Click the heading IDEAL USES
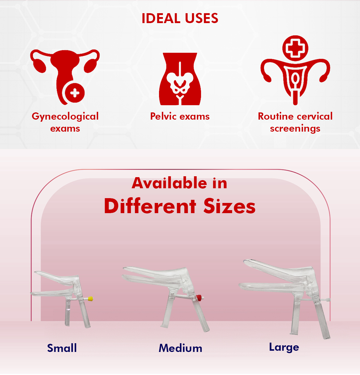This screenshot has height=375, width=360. click(180, 18)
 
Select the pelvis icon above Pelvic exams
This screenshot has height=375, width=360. click(180, 79)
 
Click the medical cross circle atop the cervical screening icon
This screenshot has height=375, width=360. click(295, 48)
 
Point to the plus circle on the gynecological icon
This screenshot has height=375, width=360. click(75, 93)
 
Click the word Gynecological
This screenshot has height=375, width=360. click(65, 117)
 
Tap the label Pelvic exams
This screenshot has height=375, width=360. click(180, 116)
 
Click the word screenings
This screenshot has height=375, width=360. click(295, 129)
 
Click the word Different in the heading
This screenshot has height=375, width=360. click(150, 206)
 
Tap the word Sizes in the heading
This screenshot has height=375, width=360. click(229, 206)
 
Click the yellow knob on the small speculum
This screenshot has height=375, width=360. click(90, 299)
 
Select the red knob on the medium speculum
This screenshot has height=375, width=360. click(199, 297)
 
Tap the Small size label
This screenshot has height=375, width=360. click(62, 348)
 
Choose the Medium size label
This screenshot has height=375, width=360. click(180, 348)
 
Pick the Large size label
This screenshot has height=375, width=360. click(284, 348)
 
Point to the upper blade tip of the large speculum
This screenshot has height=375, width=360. click(244, 261)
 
